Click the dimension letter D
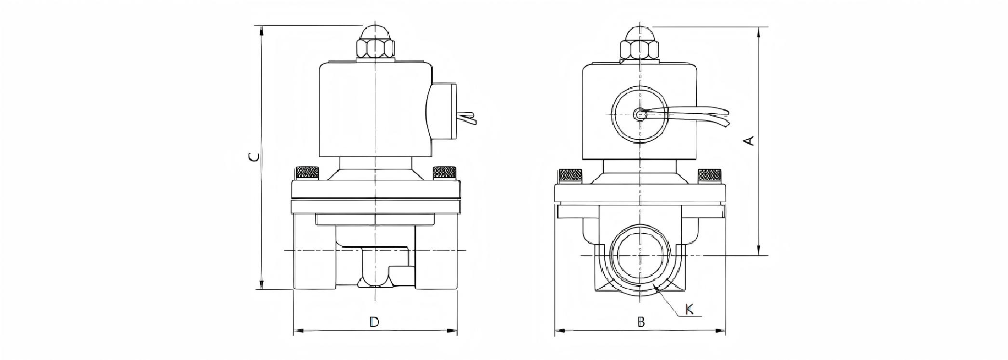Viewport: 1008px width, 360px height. (x=374, y=322)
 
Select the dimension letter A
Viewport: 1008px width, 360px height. (x=749, y=140)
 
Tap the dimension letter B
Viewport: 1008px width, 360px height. (x=641, y=322)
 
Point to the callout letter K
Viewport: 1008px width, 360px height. (x=690, y=309)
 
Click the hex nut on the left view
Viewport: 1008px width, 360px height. (x=375, y=49)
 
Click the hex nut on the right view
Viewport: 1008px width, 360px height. (x=639, y=50)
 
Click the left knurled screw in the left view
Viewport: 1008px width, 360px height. (x=306, y=173)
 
